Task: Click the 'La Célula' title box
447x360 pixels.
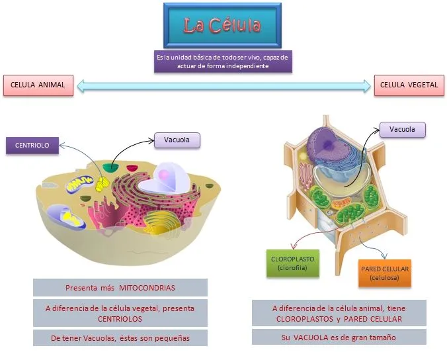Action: (x=222, y=26)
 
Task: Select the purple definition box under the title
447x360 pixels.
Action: (x=222, y=62)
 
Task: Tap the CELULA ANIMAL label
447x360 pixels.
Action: (x=38, y=85)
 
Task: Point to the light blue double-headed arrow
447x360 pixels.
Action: (x=223, y=85)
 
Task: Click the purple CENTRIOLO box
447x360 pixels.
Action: (x=32, y=145)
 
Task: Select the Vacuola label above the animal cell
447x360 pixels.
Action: (x=177, y=140)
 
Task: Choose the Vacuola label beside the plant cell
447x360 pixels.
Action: (x=402, y=129)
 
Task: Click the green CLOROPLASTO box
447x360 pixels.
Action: (x=291, y=263)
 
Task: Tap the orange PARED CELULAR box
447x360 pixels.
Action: (x=385, y=273)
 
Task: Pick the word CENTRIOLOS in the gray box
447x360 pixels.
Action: (x=120, y=318)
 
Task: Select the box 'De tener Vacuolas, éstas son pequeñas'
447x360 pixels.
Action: (x=120, y=337)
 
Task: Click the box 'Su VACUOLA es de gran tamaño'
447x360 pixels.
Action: (x=339, y=337)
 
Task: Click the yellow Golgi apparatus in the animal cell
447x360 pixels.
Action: (x=159, y=225)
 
